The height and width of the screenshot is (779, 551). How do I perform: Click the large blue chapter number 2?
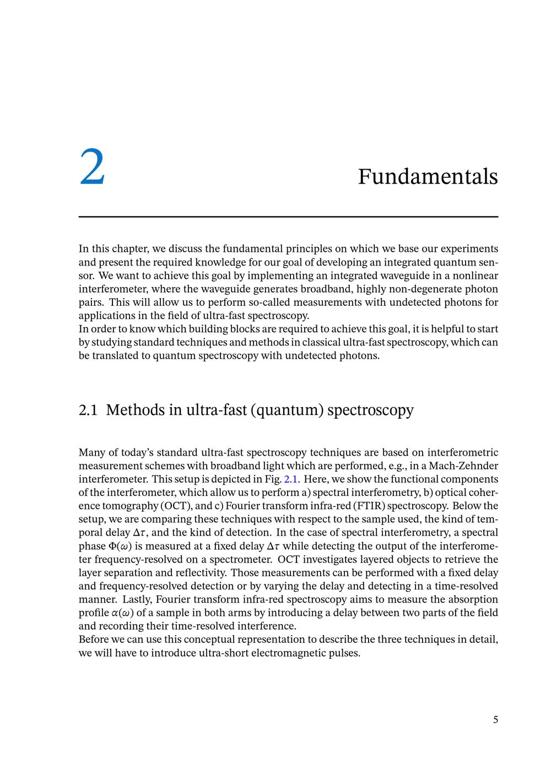(x=92, y=167)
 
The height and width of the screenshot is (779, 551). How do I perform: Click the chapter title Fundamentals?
(x=428, y=176)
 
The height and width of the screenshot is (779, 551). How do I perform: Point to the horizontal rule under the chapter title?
(x=288, y=217)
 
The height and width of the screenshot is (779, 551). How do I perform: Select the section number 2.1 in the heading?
(x=88, y=410)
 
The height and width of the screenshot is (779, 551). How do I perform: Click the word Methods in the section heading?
(x=136, y=410)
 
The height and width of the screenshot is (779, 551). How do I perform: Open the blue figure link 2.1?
(x=290, y=479)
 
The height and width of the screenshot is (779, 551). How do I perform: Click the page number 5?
(x=495, y=720)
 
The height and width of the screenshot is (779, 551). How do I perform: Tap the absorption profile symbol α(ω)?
(x=123, y=613)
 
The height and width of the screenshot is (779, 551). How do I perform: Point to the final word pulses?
(x=345, y=653)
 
